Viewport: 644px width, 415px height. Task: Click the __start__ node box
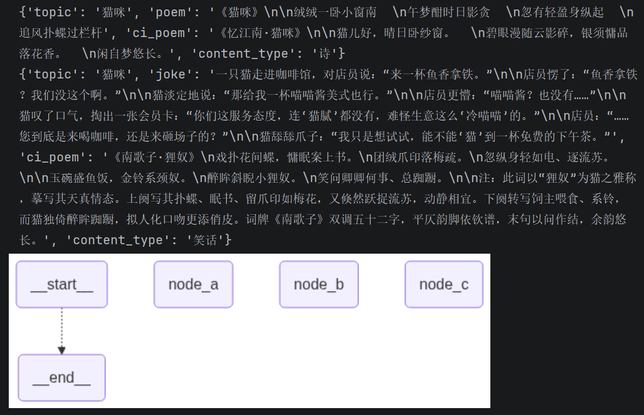(61, 284)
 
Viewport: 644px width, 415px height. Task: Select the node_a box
(193, 284)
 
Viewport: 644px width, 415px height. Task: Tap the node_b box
(319, 284)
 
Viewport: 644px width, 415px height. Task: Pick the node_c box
(444, 284)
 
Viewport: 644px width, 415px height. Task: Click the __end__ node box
(61, 377)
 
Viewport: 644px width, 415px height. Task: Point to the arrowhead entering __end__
(61, 350)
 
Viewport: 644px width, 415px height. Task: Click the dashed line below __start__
(61, 327)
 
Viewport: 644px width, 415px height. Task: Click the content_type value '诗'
(325, 53)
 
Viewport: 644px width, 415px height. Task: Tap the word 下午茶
(573, 136)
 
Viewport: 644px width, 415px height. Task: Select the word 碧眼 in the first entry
(497, 33)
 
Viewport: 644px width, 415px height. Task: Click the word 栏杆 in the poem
(90, 33)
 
